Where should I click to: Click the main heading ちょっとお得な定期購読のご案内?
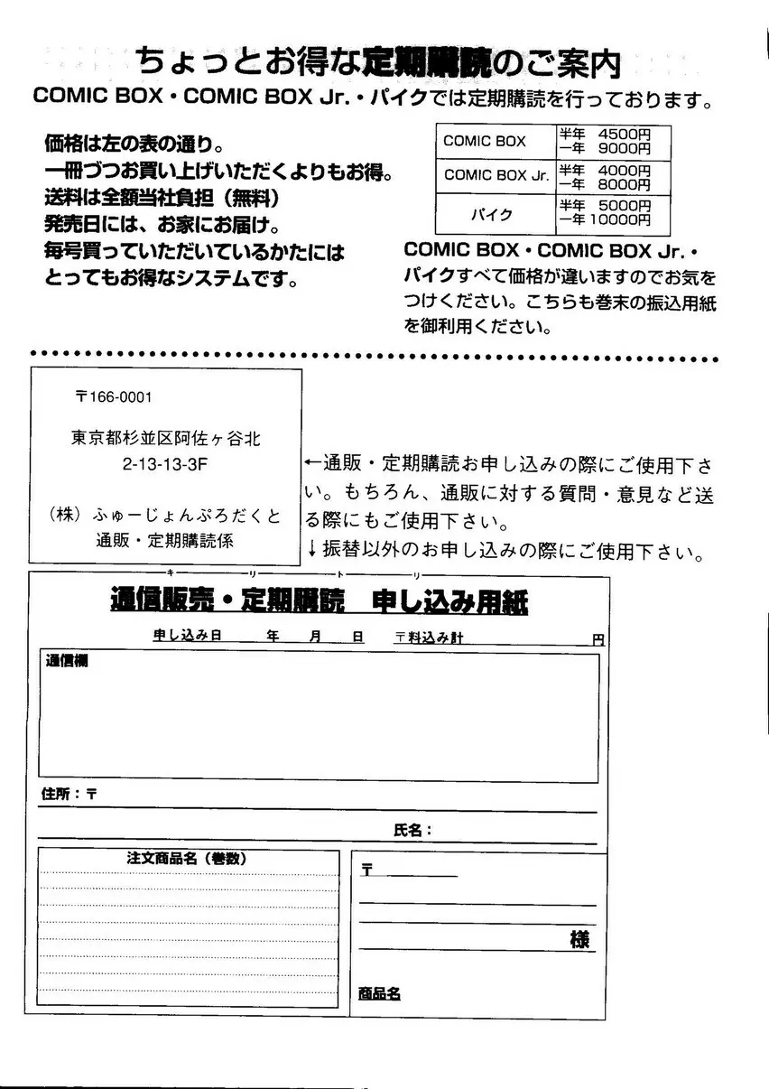click(x=378, y=62)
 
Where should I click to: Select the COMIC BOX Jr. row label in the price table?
click(x=496, y=175)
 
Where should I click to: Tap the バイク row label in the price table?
click(x=493, y=215)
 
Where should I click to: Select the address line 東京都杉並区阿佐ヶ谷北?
click(x=166, y=438)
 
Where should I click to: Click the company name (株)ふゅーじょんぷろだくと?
click(x=165, y=516)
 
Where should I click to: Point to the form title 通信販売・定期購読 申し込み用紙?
click(x=319, y=601)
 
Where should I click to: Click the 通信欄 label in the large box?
click(x=60, y=662)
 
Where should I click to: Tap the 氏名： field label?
click(x=412, y=830)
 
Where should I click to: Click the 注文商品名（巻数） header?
click(x=187, y=859)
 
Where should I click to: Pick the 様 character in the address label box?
click(x=579, y=939)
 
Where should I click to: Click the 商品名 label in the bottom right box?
click(x=379, y=993)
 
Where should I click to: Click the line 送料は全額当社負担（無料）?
click(x=162, y=197)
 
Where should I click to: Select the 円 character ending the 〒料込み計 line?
click(x=598, y=639)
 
